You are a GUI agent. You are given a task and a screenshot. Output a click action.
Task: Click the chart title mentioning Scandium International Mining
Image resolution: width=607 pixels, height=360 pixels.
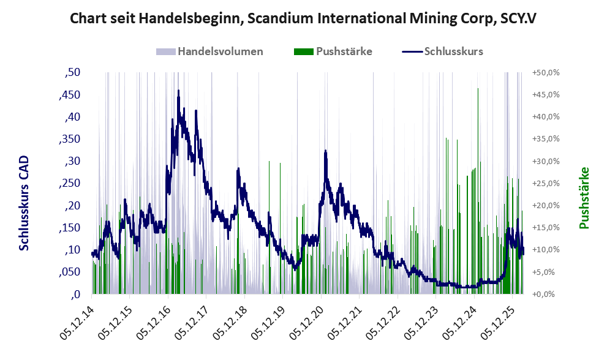pyautogui.click(x=303, y=18)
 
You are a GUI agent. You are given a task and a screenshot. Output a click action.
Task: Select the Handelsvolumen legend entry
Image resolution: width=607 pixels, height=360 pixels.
pyautogui.click(x=209, y=51)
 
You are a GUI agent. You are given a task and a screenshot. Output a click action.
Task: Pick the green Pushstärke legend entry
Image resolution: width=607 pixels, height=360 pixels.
pyautogui.click(x=333, y=51)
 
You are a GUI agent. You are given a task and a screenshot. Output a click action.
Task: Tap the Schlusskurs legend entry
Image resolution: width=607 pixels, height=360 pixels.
pyautogui.click(x=442, y=51)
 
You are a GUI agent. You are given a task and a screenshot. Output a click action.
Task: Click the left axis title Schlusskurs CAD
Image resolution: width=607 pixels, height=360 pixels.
pyautogui.click(x=24, y=203)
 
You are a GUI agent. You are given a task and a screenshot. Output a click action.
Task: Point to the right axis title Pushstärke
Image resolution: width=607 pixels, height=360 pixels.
pyautogui.click(x=584, y=198)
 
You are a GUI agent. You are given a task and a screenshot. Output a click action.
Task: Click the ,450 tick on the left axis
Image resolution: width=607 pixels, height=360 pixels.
pyautogui.click(x=70, y=94)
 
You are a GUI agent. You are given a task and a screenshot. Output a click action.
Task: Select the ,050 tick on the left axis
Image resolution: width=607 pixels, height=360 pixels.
pyautogui.click(x=70, y=272)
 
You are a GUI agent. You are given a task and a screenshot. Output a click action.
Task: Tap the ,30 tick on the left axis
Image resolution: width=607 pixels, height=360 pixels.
pyautogui.click(x=72, y=161)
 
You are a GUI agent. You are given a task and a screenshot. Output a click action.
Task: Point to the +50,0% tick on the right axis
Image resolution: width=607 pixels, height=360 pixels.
pyautogui.click(x=546, y=72)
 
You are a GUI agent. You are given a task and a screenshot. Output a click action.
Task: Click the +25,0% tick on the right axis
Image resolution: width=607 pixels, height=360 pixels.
pyautogui.click(x=546, y=183)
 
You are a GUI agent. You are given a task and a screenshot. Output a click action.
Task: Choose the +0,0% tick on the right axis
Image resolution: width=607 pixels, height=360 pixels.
pyautogui.click(x=543, y=294)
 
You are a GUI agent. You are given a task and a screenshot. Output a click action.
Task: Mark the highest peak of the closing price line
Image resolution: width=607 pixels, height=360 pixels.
pyautogui.click(x=178, y=90)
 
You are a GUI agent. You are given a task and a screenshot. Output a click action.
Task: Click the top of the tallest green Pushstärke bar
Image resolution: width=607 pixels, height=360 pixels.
pyautogui.click(x=478, y=89)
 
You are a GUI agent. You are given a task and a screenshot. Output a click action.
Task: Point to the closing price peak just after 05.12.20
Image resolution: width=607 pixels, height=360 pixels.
pyautogui.click(x=326, y=150)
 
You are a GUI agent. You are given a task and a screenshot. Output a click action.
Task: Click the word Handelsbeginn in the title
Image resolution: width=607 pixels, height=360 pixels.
pyautogui.click(x=194, y=18)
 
